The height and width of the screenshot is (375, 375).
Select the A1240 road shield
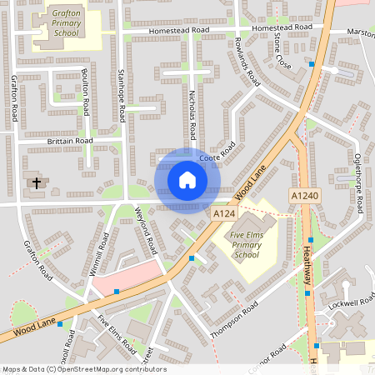pos(304,194)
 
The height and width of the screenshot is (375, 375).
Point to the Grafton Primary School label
pos(67,23)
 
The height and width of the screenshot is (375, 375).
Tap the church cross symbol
pos(36,182)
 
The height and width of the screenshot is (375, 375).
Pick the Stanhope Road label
pos(122,92)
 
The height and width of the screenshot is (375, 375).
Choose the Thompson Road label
pos(235,317)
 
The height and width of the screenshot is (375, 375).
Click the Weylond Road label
pos(147,233)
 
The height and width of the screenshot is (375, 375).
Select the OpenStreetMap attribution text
pos(83,369)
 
